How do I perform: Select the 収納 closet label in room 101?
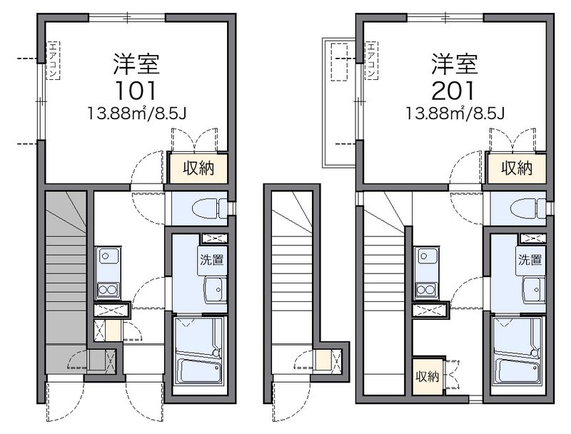pos(198,168)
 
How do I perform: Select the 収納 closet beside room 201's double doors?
pos(517,168)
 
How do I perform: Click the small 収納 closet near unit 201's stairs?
pos(428,377)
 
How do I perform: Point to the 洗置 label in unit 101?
pos(211,260)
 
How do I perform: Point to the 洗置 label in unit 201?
pos(530,260)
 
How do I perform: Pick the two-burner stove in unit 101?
pos(108,290)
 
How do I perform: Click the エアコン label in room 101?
pos(53,61)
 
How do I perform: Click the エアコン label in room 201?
pos(371,61)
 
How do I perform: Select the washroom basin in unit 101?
pos(216,290)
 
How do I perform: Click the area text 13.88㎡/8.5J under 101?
pos(136,113)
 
